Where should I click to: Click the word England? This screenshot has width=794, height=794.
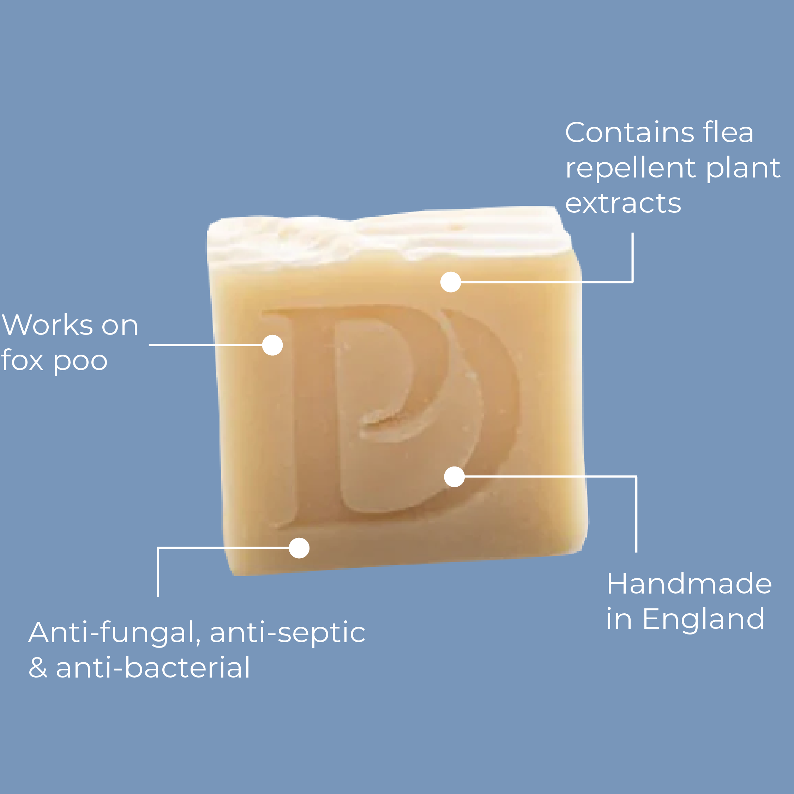703,619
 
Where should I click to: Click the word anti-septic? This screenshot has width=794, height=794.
287,633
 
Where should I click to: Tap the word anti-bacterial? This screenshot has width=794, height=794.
152,667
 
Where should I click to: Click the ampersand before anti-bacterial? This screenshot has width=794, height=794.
38,668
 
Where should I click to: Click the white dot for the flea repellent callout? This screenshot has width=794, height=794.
450,282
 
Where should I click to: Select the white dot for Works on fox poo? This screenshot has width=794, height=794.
272,345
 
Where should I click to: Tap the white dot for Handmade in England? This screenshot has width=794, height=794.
454,477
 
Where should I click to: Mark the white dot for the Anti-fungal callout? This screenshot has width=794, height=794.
299,548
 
